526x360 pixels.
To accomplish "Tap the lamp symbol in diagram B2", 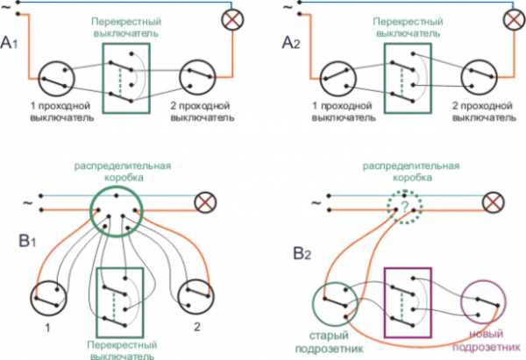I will pyautogui.click(x=495, y=203).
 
